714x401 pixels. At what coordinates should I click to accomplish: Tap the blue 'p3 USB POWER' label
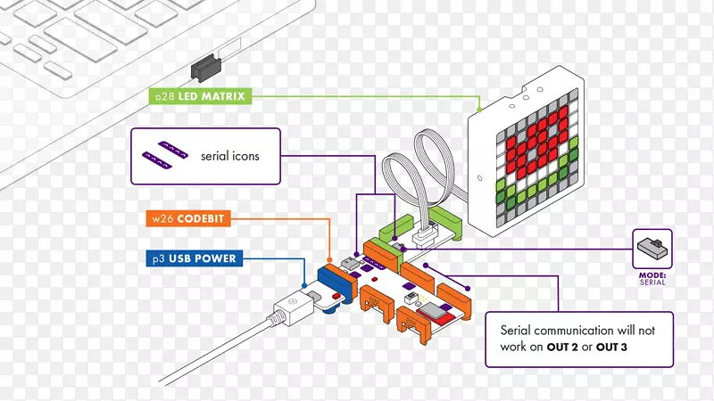point(192,259)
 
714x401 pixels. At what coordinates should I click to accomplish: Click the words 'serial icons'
point(230,156)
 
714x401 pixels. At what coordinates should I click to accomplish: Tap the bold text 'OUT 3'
point(635,348)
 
